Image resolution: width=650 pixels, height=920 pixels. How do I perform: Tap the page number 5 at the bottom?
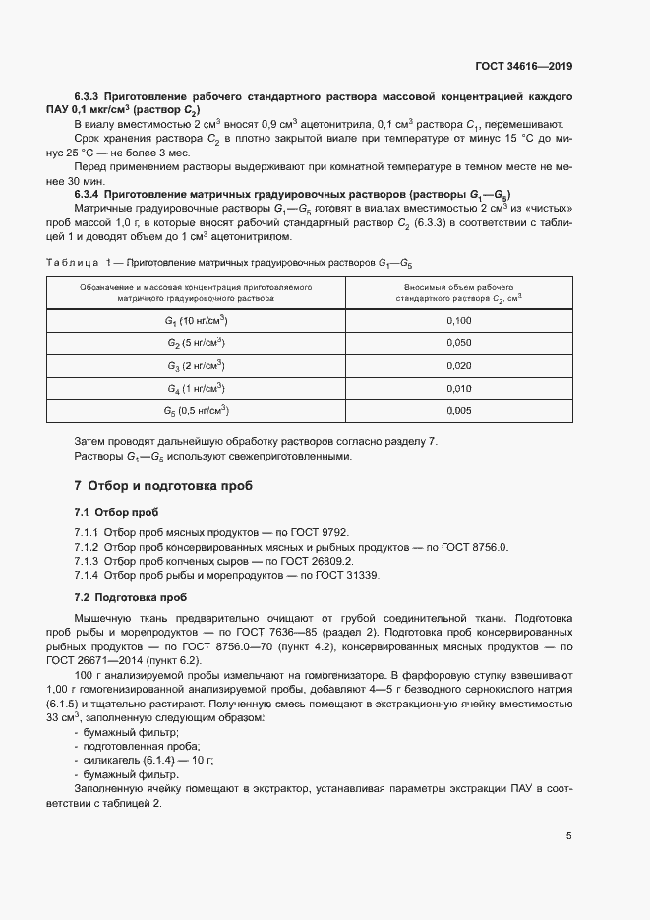569,836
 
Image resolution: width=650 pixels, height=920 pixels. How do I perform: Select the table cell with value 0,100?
458,321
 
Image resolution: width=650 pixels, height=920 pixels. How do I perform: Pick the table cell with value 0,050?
458,343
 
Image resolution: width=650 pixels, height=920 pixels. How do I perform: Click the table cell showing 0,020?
458,366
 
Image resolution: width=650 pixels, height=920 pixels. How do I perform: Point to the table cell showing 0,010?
458,389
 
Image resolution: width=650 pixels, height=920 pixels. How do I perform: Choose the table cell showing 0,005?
458,411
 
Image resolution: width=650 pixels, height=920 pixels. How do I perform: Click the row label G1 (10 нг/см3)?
196,321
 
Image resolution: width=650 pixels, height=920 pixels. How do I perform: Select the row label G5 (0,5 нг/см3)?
196,411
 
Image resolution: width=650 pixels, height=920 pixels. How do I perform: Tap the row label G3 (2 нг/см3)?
196,366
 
